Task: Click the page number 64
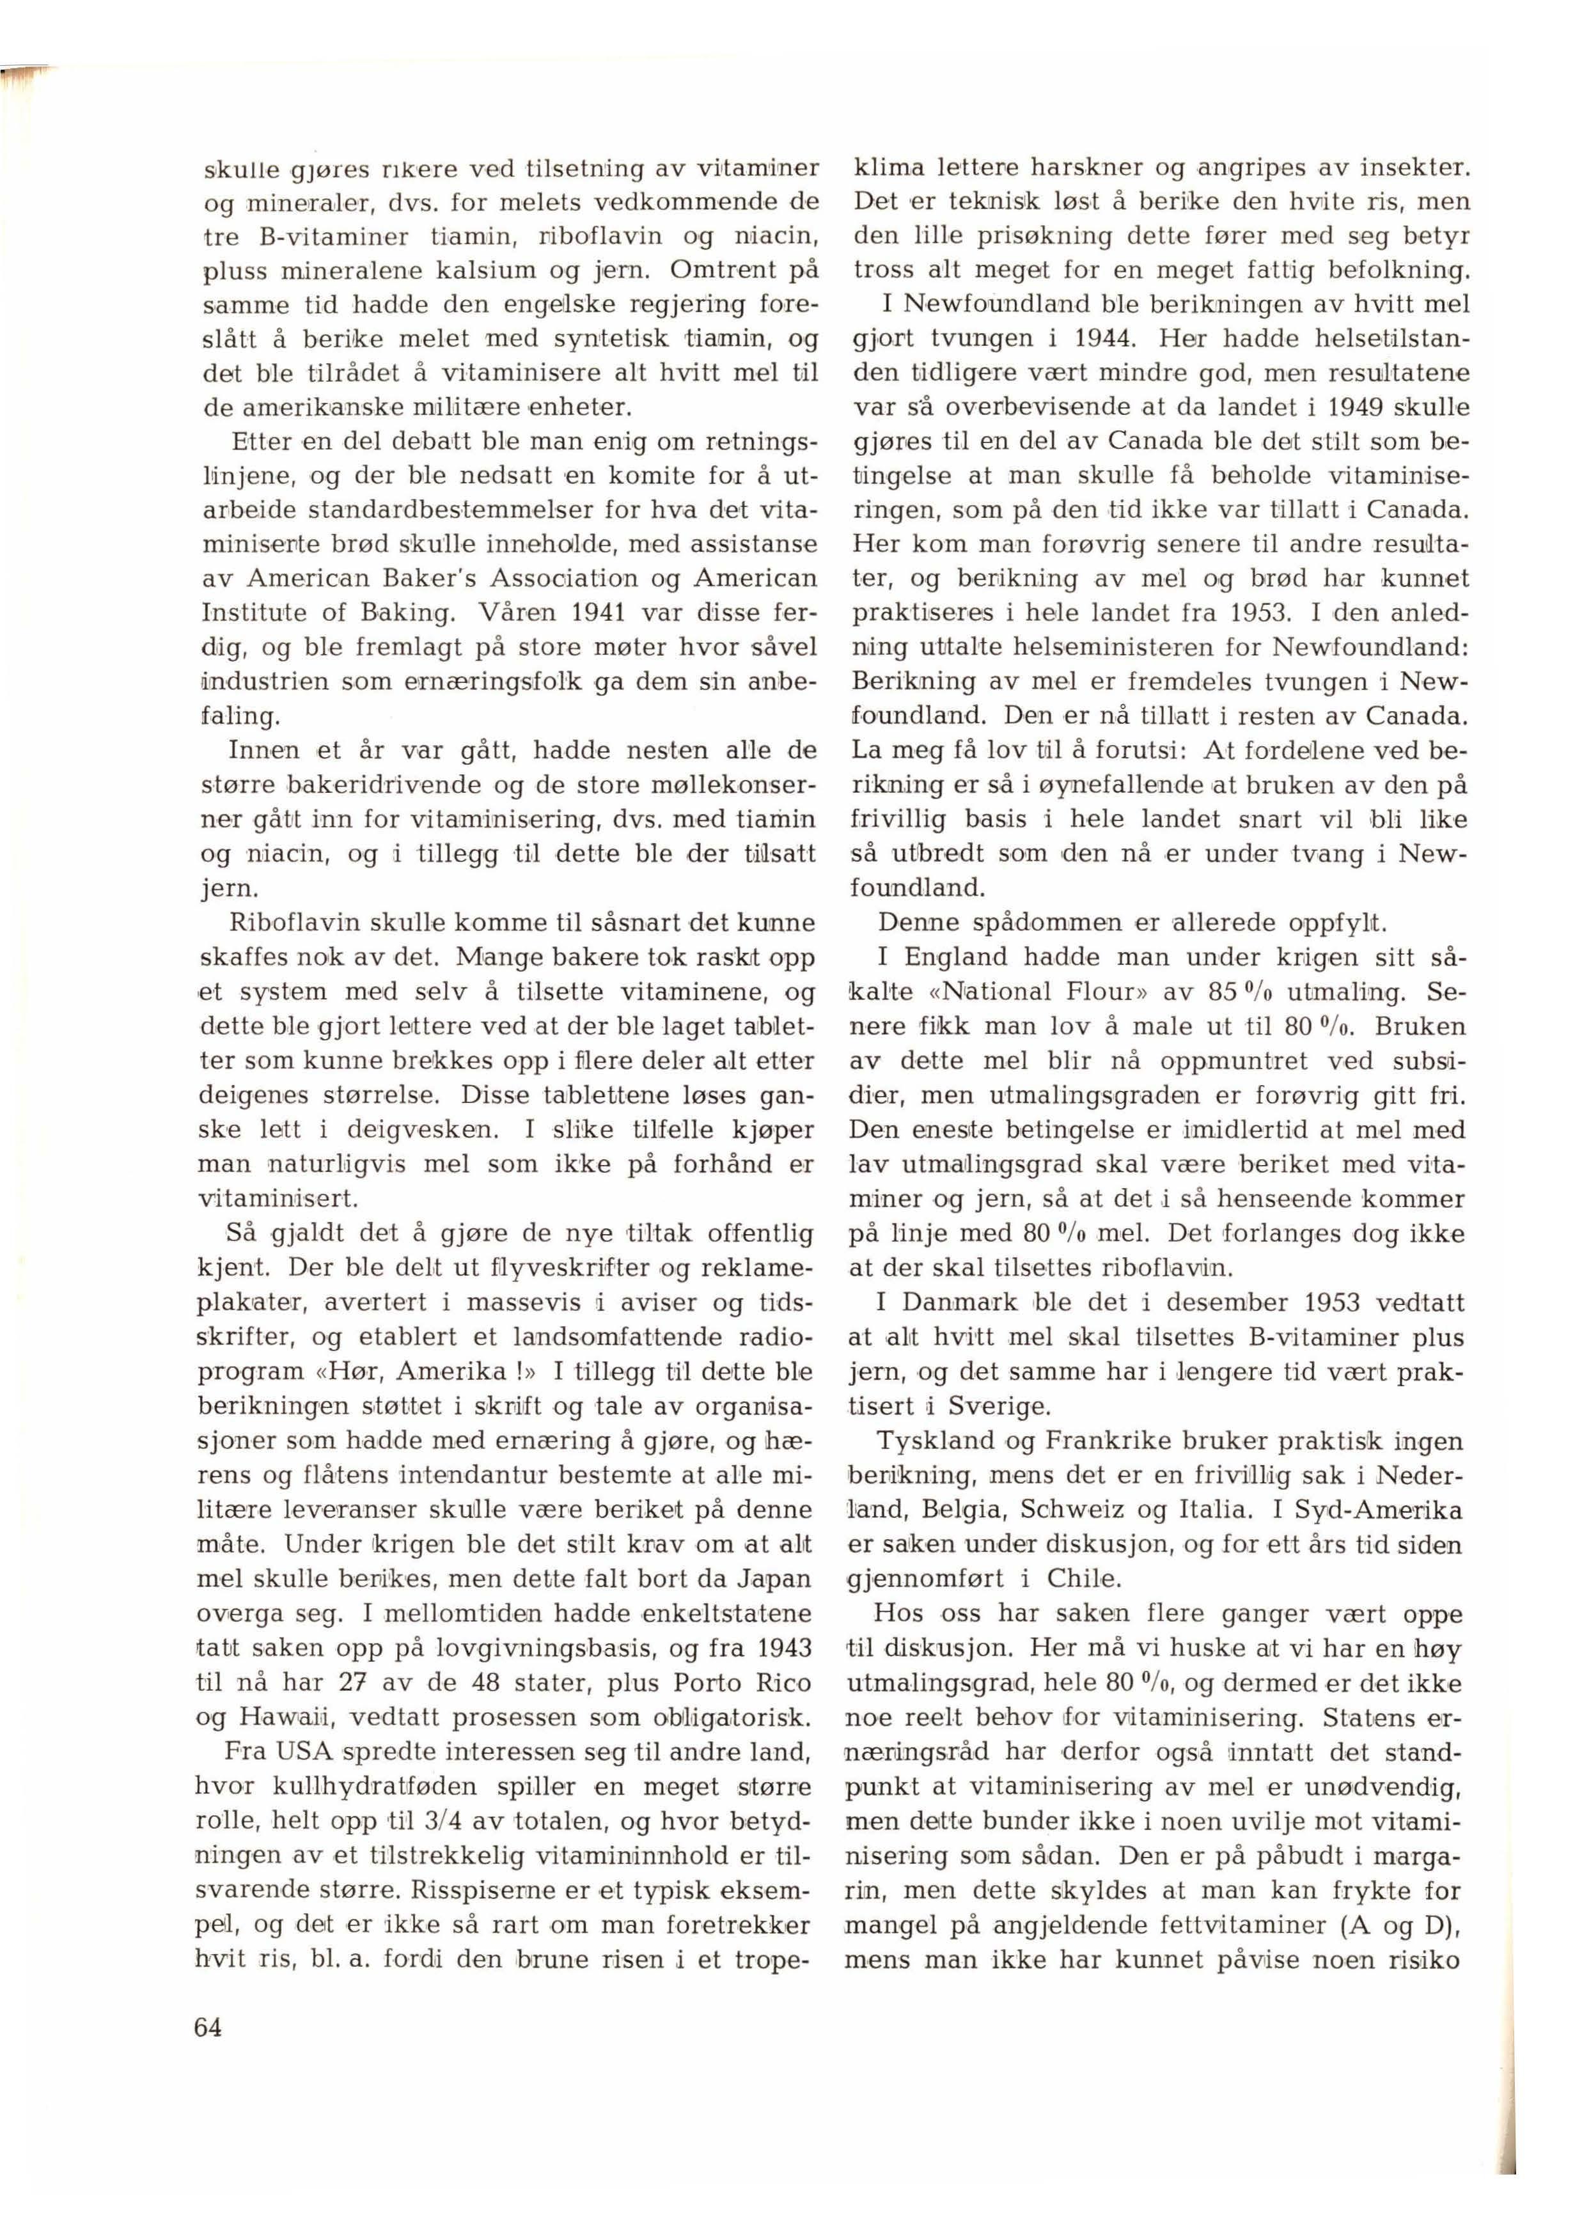[x=208, y=2028]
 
